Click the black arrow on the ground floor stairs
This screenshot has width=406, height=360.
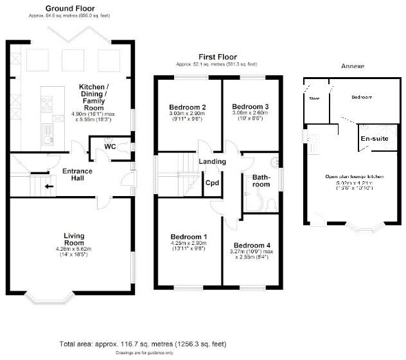point(49,187)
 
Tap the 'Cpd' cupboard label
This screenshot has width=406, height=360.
point(212,182)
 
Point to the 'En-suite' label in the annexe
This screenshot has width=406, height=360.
point(374,138)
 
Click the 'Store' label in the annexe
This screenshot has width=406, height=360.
point(314,98)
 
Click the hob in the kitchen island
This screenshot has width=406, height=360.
point(48,101)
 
